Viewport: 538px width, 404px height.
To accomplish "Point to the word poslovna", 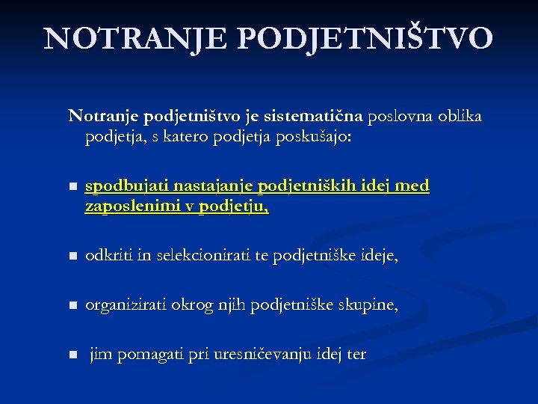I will coord(399,117).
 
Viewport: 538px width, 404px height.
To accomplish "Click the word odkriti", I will coord(108,257).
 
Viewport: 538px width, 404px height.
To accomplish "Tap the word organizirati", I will coord(126,305).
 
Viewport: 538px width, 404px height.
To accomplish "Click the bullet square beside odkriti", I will coord(72,257).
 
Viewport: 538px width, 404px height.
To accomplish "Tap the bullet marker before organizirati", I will coord(72,306).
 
